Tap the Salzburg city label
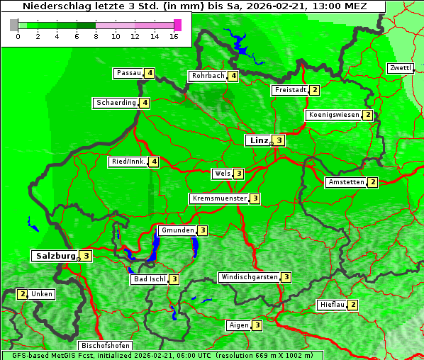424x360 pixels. (55, 256)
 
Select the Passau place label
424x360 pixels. (129, 73)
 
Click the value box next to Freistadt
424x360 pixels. (315, 90)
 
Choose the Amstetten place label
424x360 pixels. (345, 182)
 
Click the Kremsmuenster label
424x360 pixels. (219, 198)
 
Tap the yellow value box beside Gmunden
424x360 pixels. (203, 230)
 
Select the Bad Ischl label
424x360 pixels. (149, 279)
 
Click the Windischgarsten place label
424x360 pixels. (249, 277)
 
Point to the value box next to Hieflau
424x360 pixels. (353, 305)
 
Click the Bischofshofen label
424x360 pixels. (105, 346)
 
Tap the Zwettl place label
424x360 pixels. (400, 68)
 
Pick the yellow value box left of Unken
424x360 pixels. (22, 294)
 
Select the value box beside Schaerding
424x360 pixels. (145, 103)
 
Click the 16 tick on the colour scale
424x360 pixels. (174, 36)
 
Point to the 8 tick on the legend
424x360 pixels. (96, 36)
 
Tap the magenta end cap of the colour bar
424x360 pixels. (177, 25)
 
